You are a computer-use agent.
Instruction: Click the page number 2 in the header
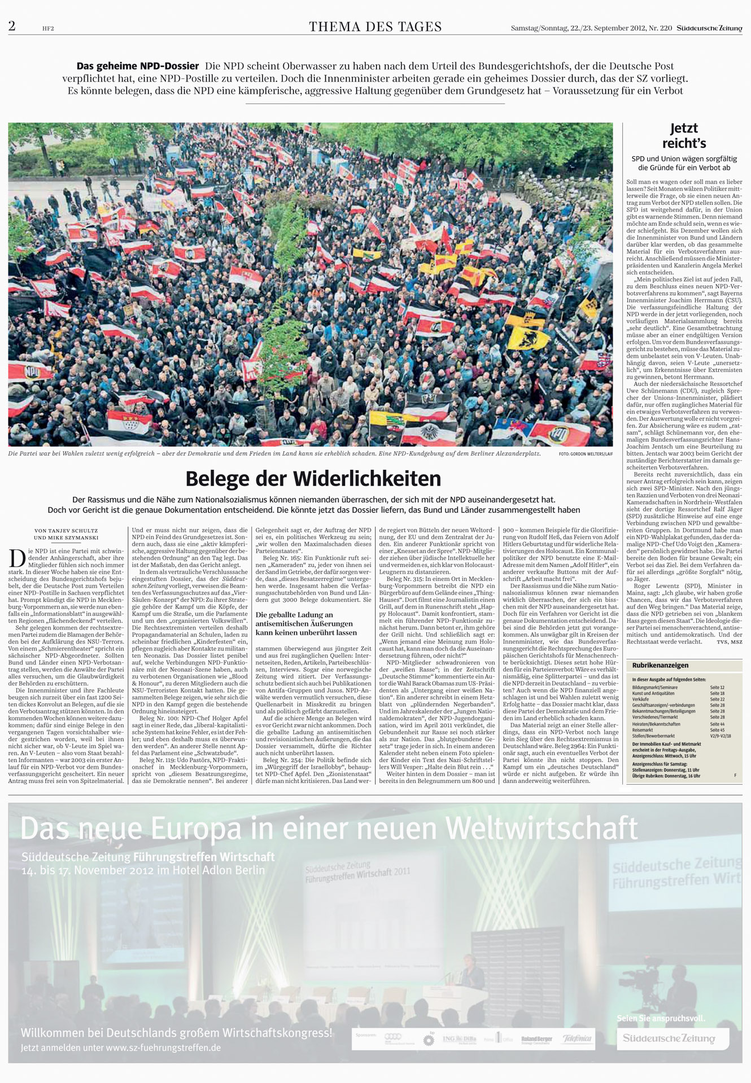[12, 26]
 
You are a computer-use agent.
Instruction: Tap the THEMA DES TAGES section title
[375, 27]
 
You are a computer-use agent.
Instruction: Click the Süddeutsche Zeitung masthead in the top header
[709, 28]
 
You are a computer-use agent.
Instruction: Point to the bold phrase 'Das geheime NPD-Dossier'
[138, 66]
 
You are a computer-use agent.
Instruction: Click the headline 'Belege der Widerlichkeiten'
[313, 479]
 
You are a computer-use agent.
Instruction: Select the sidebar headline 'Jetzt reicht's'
[684, 135]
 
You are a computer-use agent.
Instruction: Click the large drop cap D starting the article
[17, 558]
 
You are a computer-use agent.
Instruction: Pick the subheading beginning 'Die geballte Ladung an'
[294, 615]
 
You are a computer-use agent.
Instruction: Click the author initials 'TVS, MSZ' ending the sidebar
[729, 642]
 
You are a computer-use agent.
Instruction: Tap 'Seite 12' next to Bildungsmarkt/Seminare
[717, 688]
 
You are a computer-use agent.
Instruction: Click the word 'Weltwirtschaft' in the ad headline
[542, 829]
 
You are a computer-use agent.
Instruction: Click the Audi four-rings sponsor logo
[392, 1038]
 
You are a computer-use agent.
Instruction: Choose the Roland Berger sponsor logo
[536, 1039]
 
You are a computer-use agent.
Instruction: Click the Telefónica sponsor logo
[577, 1038]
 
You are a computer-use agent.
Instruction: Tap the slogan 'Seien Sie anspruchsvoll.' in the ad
[661, 1018]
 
